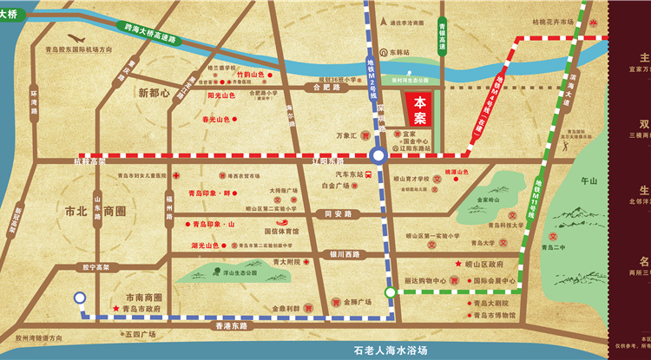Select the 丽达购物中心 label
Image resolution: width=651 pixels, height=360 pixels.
pos(425,281)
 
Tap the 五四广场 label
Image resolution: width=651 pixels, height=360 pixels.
pos(139,333)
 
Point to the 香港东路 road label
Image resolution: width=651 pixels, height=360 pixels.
pos(230,325)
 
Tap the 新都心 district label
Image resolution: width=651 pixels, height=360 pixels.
pos(153,92)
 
